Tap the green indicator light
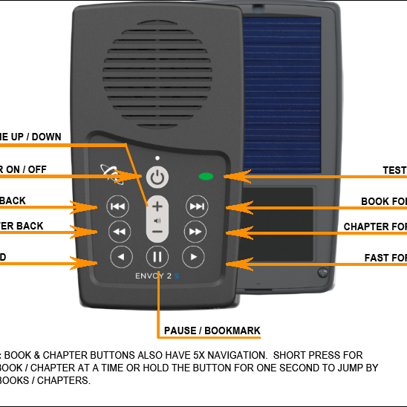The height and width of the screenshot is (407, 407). point(206,177)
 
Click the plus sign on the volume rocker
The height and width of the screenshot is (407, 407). point(157,206)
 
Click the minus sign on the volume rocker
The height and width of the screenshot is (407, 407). point(157,232)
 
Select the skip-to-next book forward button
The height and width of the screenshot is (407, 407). point(196,206)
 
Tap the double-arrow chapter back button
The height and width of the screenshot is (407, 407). point(117,232)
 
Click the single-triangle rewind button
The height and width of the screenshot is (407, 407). point(120,257)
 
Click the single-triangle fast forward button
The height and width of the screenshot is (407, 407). point(193,257)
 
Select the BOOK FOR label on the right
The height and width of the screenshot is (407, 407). point(383,201)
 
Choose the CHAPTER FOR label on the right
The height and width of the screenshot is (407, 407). point(374,227)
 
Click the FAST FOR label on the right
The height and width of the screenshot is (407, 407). point(385,258)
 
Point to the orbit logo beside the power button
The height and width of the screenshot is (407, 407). point(111,175)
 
